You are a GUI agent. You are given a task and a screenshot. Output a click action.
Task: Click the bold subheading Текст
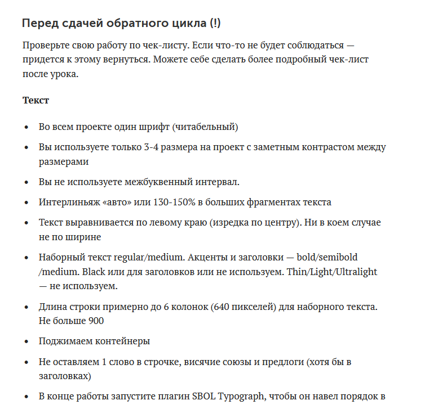click(36, 100)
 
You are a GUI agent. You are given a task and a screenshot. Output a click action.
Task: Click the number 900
click(96, 321)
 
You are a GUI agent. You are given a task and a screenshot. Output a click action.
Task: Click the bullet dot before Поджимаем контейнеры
click(26, 341)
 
